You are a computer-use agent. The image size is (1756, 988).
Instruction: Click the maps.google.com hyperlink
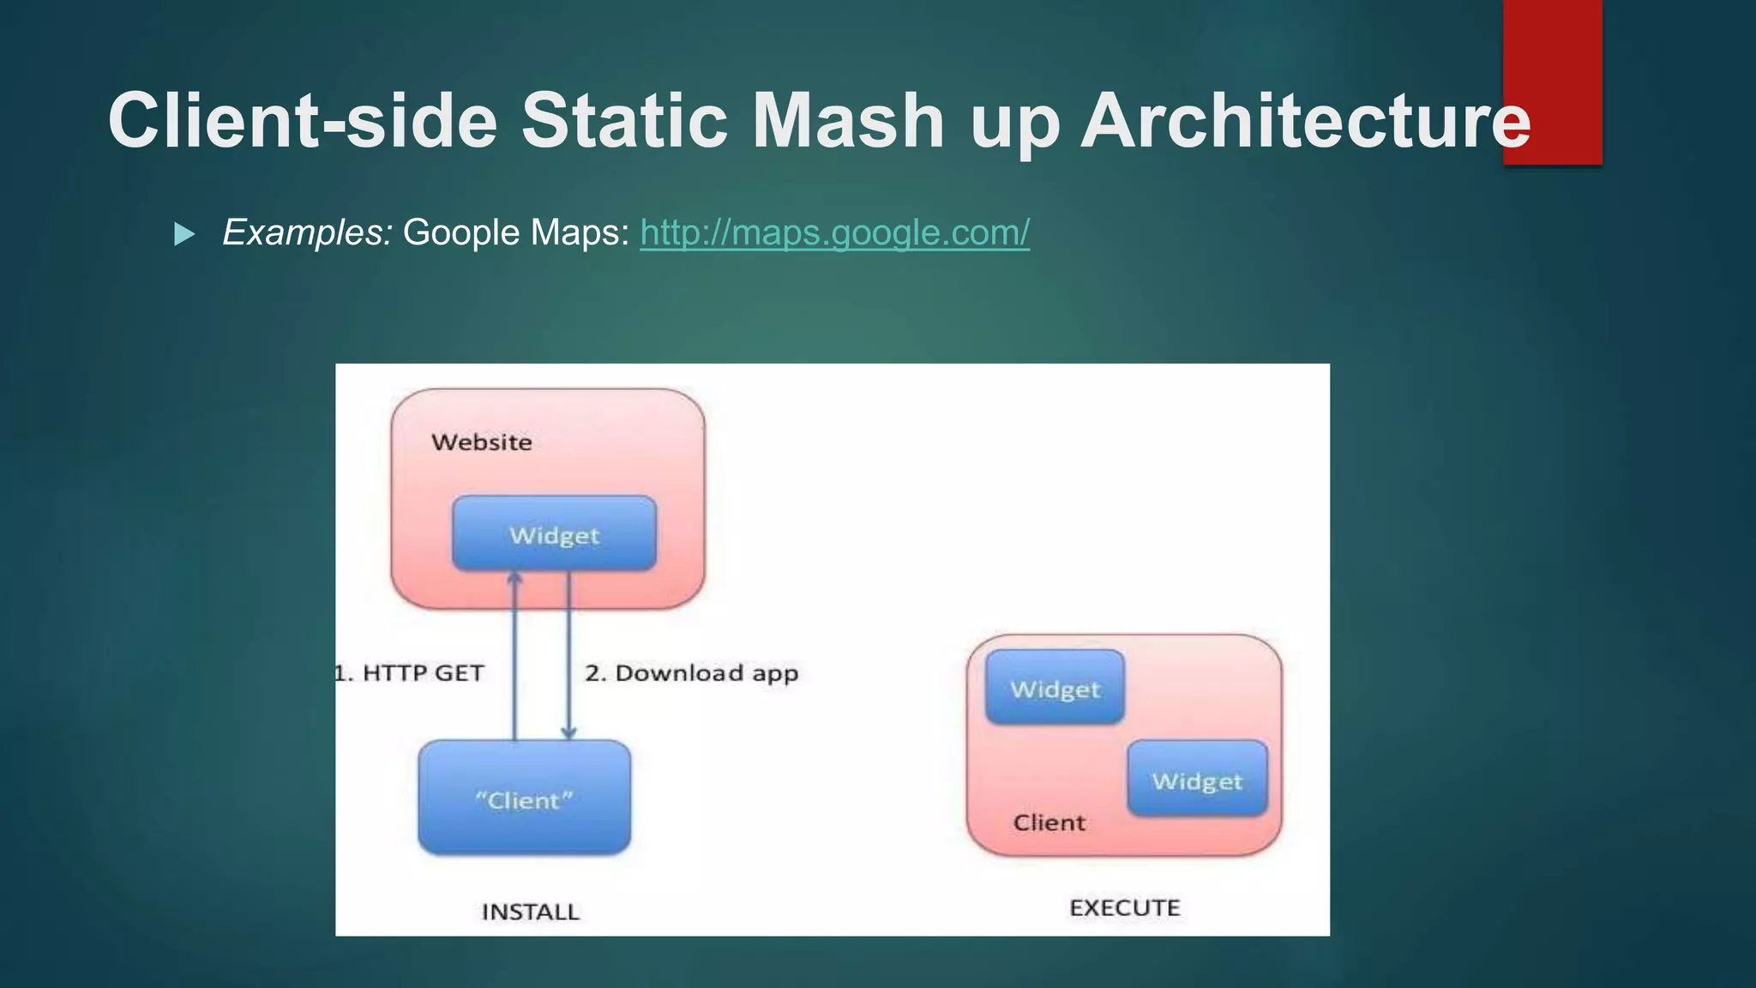834,232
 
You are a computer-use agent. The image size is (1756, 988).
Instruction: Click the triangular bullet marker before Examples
184,234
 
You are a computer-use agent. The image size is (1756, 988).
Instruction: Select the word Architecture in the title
1304,121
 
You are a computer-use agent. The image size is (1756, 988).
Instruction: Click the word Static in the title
624,121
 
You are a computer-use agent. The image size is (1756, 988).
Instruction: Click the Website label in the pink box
482,443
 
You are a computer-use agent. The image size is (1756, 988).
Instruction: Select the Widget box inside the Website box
554,534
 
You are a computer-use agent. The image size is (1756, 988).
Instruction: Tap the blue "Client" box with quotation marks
524,798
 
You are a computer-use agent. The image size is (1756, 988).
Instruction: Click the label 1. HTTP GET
410,673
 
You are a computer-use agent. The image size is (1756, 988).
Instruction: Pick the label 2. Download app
691,673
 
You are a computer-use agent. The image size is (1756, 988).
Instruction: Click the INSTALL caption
530,912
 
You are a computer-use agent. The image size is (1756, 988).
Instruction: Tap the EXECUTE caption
1124,907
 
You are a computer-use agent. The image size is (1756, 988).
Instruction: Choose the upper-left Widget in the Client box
1055,688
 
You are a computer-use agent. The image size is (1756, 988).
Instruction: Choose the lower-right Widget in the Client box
1197,780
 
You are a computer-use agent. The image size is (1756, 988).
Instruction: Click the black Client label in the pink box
1049,822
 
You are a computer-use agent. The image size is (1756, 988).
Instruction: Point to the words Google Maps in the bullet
515,232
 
